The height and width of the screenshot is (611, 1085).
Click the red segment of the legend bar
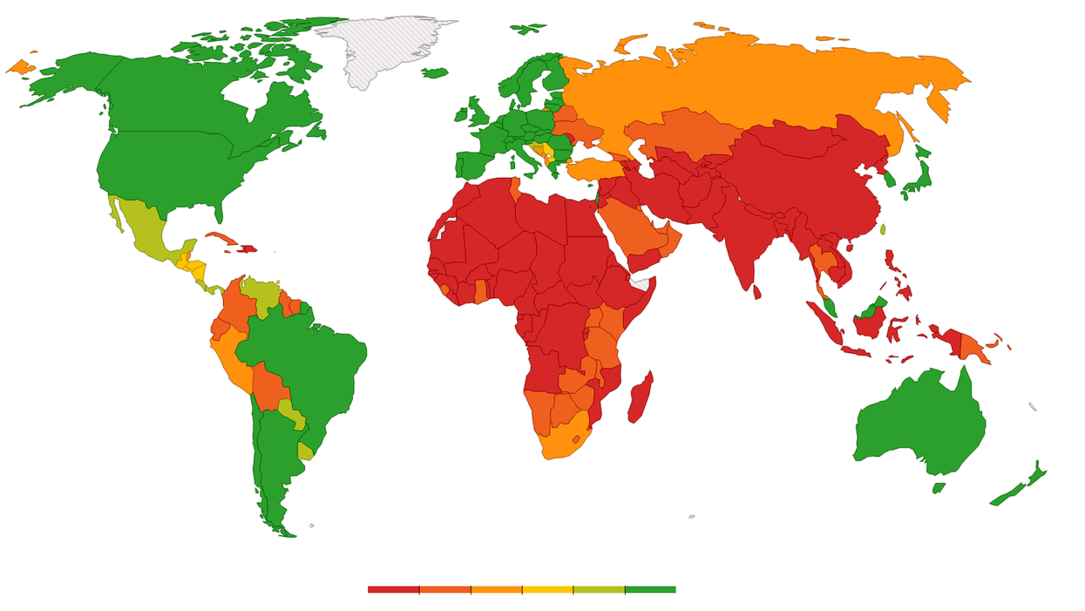click(x=393, y=590)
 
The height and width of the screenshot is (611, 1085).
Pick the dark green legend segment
click(x=650, y=590)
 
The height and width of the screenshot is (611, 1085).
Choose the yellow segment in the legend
click(x=547, y=590)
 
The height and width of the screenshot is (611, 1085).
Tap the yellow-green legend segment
click(x=599, y=590)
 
